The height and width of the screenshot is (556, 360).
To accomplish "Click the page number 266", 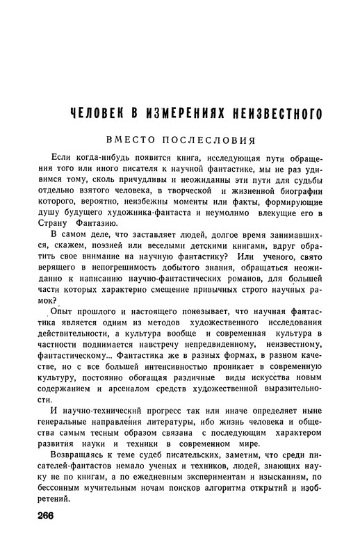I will pos(42,514).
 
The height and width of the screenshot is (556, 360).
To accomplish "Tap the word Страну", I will pos(54,243).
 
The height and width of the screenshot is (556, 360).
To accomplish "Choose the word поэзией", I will pos(106,268).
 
